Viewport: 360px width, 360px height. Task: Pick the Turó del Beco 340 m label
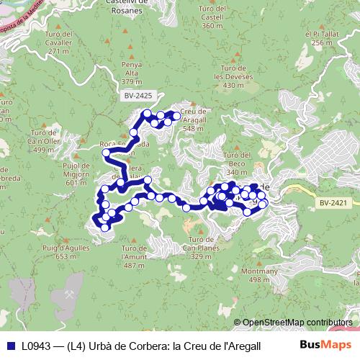click(x=237, y=163)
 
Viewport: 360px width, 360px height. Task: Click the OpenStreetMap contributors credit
click(x=297, y=322)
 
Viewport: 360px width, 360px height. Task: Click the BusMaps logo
click(x=325, y=345)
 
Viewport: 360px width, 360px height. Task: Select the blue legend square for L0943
click(x=12, y=346)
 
